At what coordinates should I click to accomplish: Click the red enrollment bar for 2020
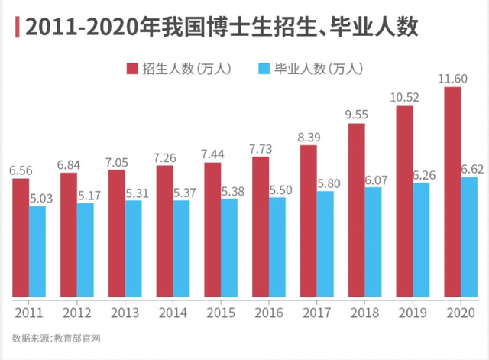tap(452, 191)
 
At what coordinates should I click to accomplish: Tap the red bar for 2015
tap(212, 229)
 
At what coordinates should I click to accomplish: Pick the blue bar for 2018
tap(372, 242)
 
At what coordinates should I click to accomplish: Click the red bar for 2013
tap(117, 232)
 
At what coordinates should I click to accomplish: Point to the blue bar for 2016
tap(277, 246)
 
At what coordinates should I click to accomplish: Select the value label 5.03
tap(40, 199)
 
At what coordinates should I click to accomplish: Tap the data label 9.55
tap(357, 115)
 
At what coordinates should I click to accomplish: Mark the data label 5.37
tap(182, 193)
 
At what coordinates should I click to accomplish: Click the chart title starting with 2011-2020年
tap(222, 28)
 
